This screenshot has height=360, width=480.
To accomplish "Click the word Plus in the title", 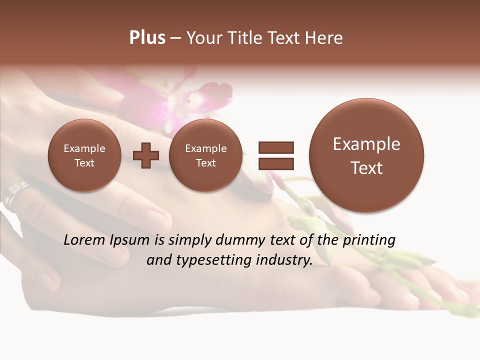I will point(147,38).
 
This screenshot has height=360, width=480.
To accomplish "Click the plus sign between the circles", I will point(145,155).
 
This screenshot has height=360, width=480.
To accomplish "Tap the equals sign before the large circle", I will point(275,155).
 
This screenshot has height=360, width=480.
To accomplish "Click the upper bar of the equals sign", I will point(275,147).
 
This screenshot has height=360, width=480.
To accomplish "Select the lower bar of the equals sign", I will point(275,163).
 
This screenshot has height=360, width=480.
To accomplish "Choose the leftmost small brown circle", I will point(84,155).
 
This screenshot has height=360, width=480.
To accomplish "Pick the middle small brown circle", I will point(205,155).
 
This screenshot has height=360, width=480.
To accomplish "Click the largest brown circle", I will point(366,155).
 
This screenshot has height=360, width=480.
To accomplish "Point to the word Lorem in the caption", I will point(83,240).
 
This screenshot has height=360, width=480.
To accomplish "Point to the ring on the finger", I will point(15,192).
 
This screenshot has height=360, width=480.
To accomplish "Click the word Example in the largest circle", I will point(366,144).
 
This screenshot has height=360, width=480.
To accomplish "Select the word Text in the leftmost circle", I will point(84,163).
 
